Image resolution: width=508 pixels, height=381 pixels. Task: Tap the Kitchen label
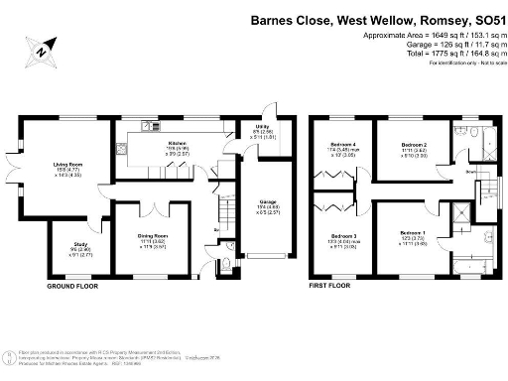tap(177, 143)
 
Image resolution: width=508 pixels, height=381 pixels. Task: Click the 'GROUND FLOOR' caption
tap(72, 286)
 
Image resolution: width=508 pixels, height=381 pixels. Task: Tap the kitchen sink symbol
tap(149, 126)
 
